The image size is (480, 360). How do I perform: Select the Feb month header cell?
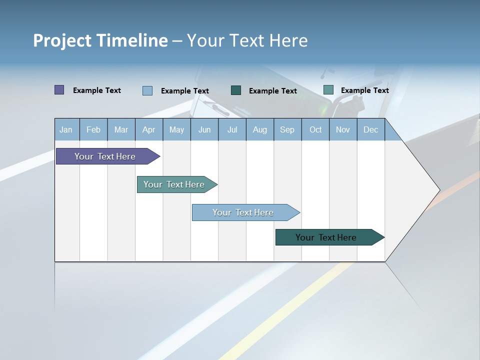[93, 129]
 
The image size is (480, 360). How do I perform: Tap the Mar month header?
[121, 129]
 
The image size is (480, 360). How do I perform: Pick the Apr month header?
[149, 129]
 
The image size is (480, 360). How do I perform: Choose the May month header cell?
[176, 129]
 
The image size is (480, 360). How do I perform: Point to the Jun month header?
[204, 129]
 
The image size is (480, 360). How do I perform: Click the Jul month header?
[232, 129]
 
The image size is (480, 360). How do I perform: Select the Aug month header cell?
[260, 129]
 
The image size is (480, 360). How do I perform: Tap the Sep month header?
[287, 129]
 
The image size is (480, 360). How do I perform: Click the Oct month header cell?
[315, 129]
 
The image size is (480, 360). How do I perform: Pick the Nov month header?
[343, 129]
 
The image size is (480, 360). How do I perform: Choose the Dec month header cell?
[371, 129]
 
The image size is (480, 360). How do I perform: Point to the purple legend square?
[59, 90]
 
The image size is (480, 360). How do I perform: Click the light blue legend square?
[147, 90]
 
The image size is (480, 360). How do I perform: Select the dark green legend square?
[236, 90]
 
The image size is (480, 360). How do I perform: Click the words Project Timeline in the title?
[100, 40]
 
